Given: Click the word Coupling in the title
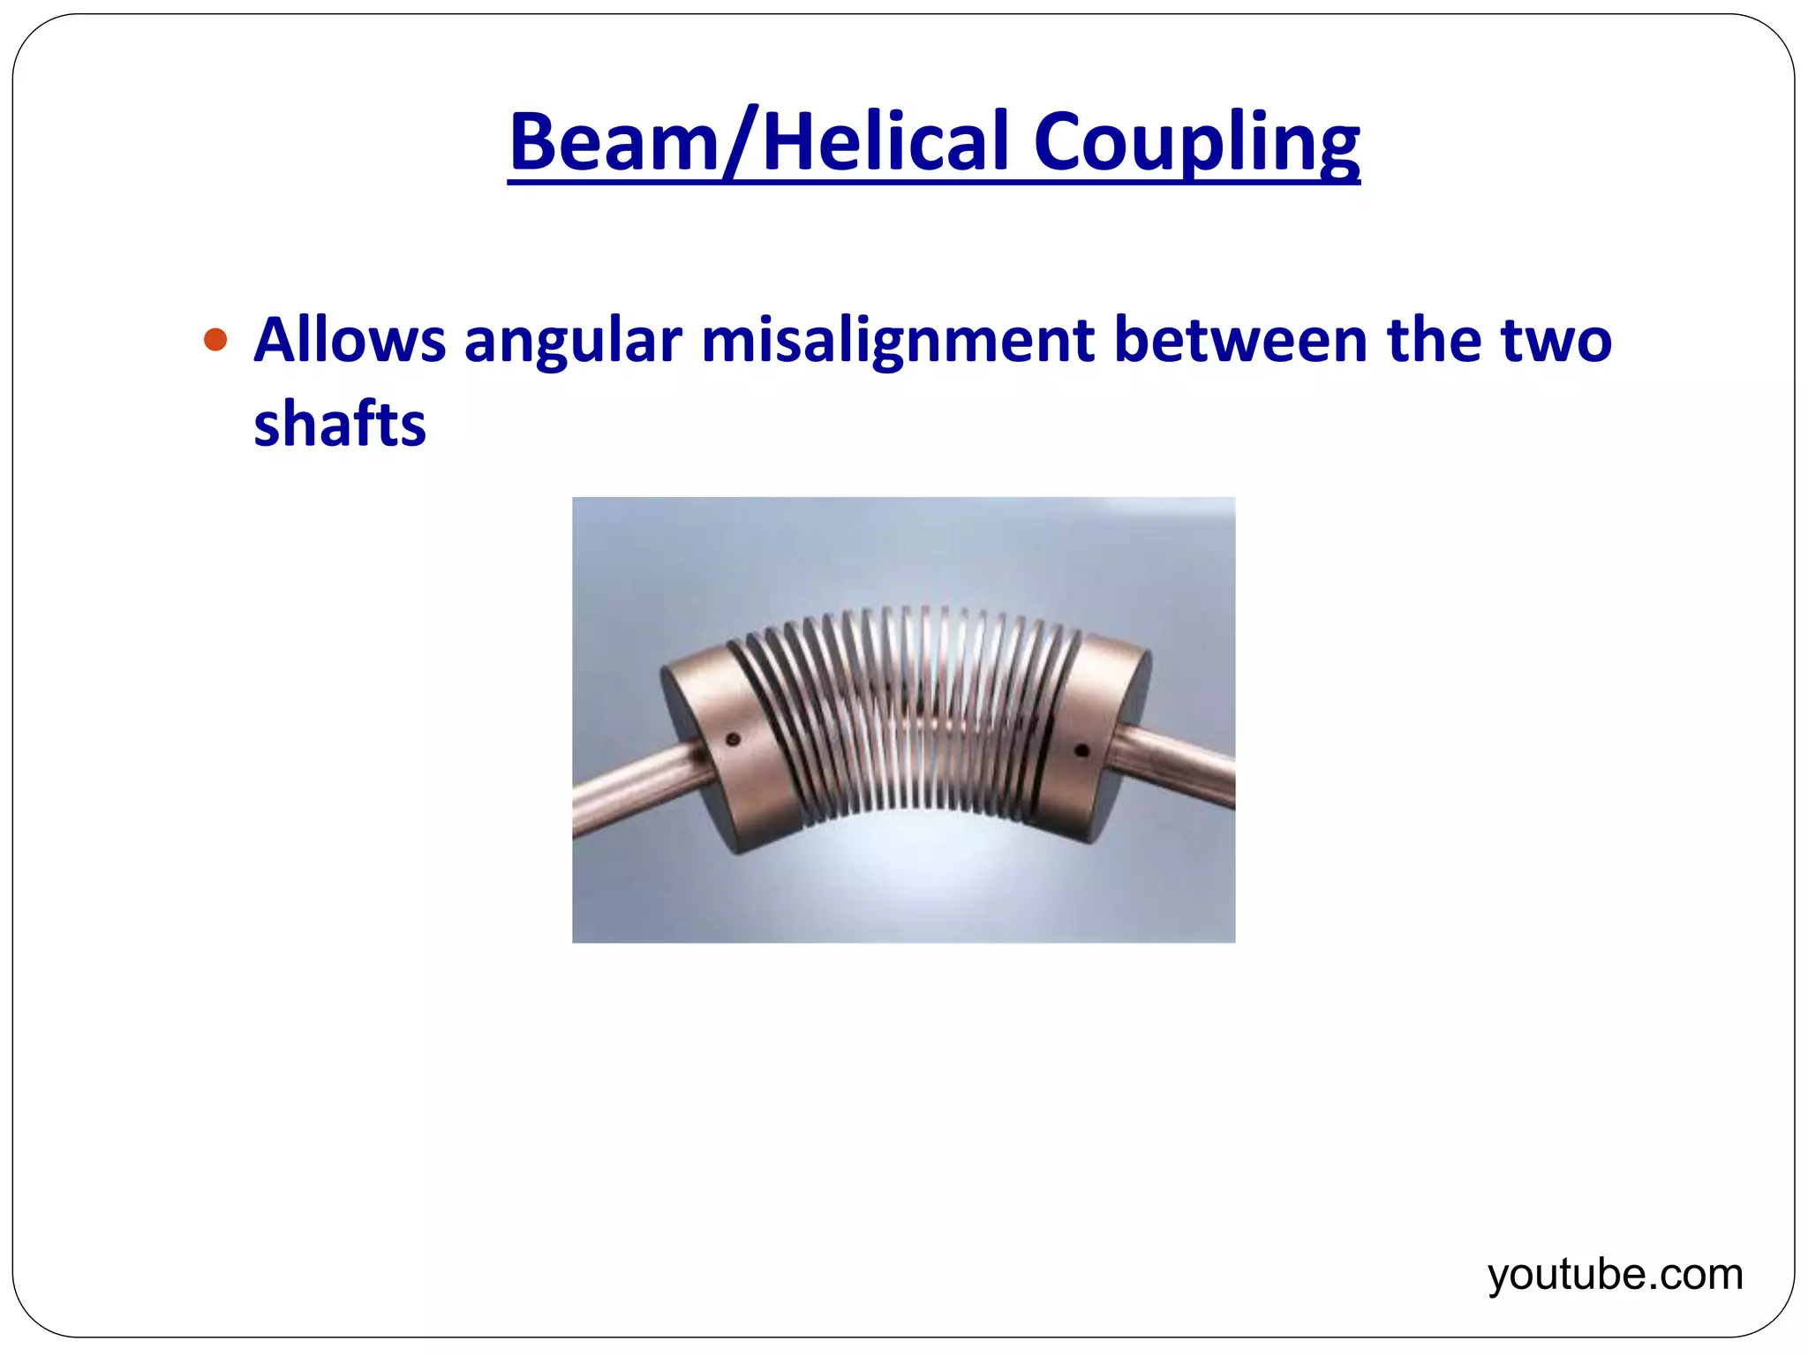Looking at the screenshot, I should point(1196,143).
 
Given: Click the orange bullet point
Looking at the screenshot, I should point(215,340).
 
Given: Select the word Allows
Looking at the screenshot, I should point(350,340).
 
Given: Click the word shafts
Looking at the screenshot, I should point(340,424).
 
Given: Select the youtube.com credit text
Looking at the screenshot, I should point(1615,1275).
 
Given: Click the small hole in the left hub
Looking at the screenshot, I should point(732,739).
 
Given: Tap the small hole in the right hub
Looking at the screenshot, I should point(1082,751).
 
